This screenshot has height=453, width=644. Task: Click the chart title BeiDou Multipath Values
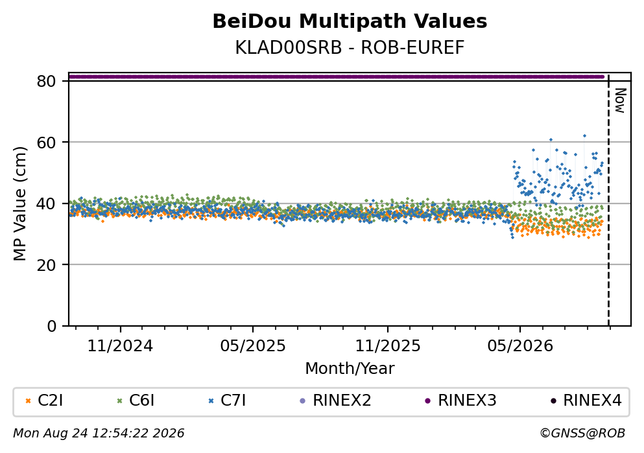tap(350, 21)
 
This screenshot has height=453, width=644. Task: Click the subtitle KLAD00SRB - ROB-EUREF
tap(350, 47)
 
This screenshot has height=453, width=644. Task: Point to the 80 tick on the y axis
tap(47, 81)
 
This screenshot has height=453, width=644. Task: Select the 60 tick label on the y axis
tap(47, 143)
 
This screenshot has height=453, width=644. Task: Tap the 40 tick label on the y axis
tap(47, 203)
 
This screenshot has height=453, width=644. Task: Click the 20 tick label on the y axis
tap(47, 264)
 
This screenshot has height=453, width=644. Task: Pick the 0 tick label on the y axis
tap(52, 326)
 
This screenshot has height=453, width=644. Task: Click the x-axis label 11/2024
tap(120, 346)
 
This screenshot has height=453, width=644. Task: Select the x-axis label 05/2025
tap(252, 346)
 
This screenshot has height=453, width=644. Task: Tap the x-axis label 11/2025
tap(388, 346)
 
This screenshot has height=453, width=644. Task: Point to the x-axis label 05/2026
tap(520, 346)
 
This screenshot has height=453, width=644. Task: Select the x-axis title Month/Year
tap(350, 369)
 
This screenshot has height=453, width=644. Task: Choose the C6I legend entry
tap(136, 400)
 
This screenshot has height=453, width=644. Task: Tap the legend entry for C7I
tap(227, 400)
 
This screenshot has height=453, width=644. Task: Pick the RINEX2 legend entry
tap(335, 400)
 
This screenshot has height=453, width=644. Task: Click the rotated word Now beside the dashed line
tap(620, 100)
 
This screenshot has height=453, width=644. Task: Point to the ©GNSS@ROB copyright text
tap(582, 434)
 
